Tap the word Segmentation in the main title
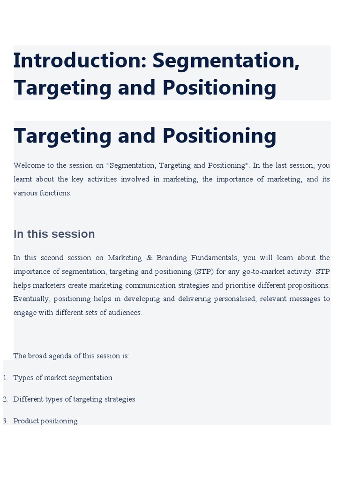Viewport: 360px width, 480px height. (225, 60)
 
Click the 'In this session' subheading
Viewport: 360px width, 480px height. (54, 234)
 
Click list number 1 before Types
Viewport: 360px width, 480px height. (6, 378)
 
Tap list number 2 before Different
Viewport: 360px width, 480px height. (6, 399)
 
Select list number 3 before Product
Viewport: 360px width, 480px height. (6, 421)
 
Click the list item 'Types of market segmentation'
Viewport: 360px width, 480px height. (63, 378)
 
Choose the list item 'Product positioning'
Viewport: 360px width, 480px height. (45, 421)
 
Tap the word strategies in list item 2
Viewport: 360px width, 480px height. (120, 399)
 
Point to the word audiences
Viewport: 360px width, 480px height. (126, 313)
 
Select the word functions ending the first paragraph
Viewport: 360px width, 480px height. (56, 193)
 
